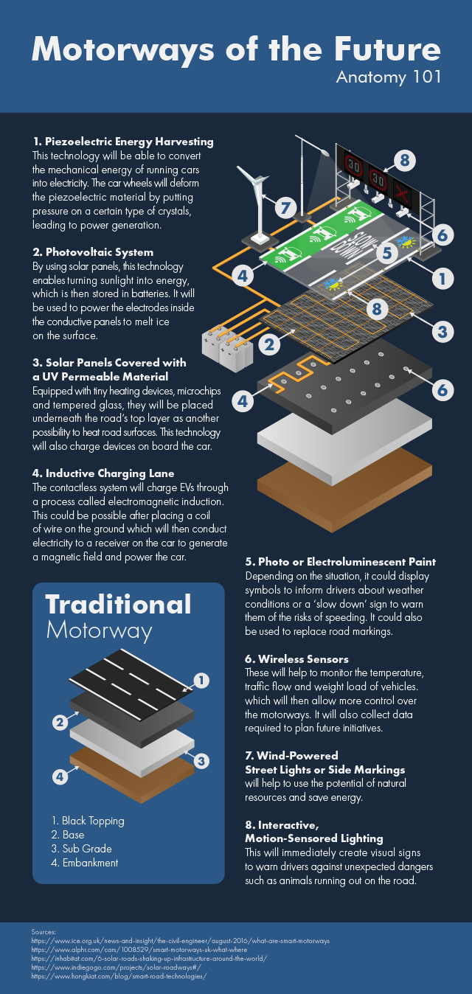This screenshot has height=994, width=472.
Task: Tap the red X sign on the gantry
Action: tap(403, 193)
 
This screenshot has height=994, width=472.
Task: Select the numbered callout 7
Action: tap(285, 207)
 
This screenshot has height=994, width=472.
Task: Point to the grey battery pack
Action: tap(226, 347)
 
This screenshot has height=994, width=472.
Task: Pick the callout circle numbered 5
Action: tap(387, 252)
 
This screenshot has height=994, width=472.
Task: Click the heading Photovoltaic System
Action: tap(93, 252)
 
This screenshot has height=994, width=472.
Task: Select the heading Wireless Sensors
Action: tap(296, 659)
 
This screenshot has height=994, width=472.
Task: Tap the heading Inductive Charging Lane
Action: tap(103, 473)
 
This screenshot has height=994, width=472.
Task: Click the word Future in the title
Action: tap(387, 49)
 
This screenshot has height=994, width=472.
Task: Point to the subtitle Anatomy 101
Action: tap(389, 77)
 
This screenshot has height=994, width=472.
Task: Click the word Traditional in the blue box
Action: tap(119, 605)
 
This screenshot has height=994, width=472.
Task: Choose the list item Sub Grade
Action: tap(82, 849)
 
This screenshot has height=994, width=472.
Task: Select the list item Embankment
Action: tap(85, 863)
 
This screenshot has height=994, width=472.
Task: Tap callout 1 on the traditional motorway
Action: tap(201, 681)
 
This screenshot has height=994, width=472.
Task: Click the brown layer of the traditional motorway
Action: tap(132, 773)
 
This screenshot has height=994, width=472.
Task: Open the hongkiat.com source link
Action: tap(119, 976)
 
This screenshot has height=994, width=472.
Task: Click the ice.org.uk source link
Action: tap(181, 941)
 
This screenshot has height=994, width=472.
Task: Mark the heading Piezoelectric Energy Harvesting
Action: tap(123, 142)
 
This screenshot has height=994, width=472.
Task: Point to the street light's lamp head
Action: tap(324, 152)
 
